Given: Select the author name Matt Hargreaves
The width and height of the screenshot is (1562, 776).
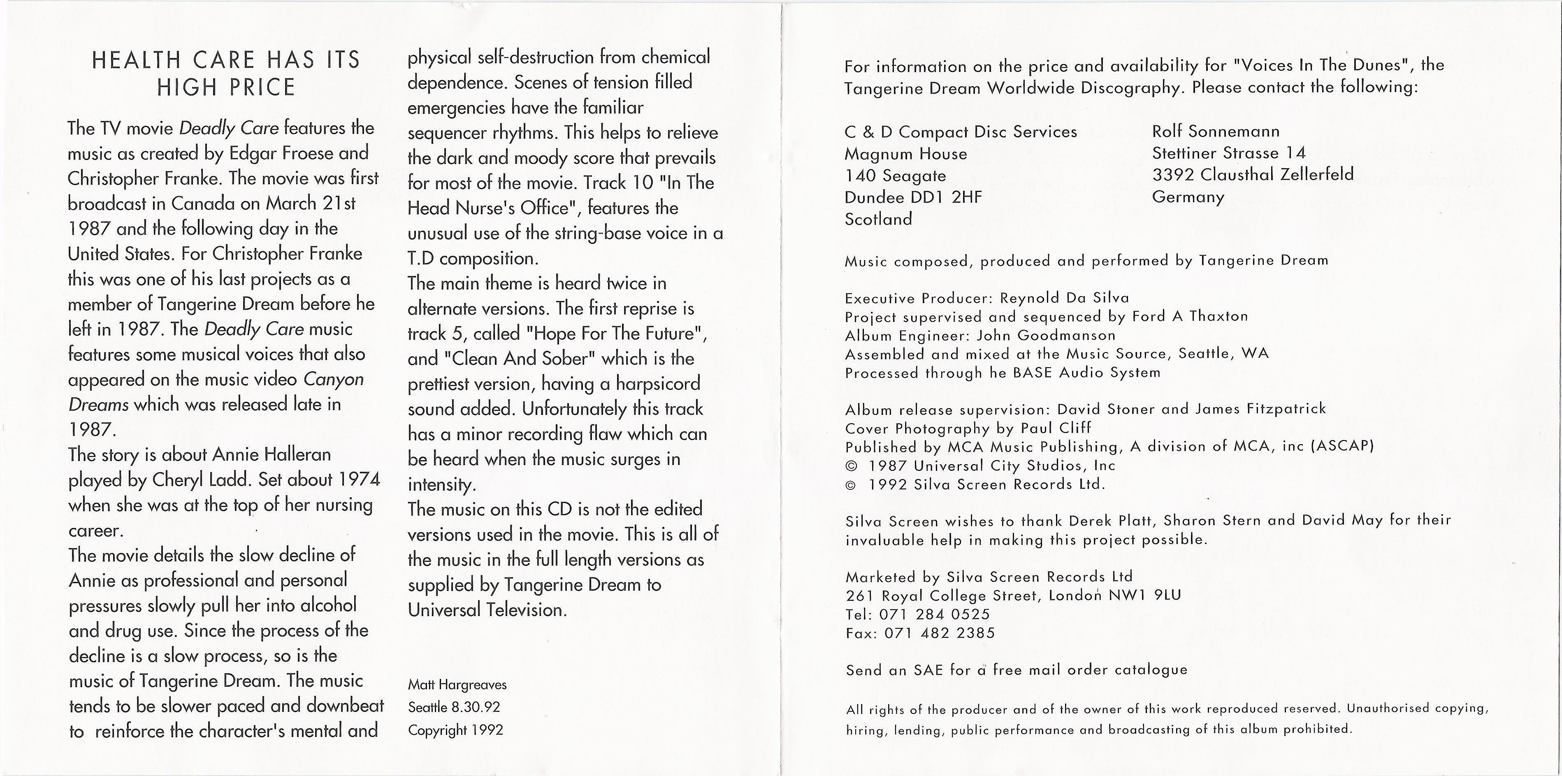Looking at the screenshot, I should coord(457,684).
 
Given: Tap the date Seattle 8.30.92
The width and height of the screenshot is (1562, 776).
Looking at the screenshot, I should coord(454,707).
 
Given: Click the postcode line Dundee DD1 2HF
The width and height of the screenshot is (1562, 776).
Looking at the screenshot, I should coord(913,197).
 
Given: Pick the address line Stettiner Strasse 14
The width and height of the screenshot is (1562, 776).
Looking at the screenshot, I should coord(1228,153).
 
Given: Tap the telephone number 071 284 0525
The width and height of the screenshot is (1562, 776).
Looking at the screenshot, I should coord(934,614).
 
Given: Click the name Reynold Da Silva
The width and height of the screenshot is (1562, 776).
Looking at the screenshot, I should coord(1064,298).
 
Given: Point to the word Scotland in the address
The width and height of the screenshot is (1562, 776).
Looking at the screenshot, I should coord(878,219).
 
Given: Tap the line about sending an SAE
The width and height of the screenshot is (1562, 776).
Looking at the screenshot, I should coord(1016,670).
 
